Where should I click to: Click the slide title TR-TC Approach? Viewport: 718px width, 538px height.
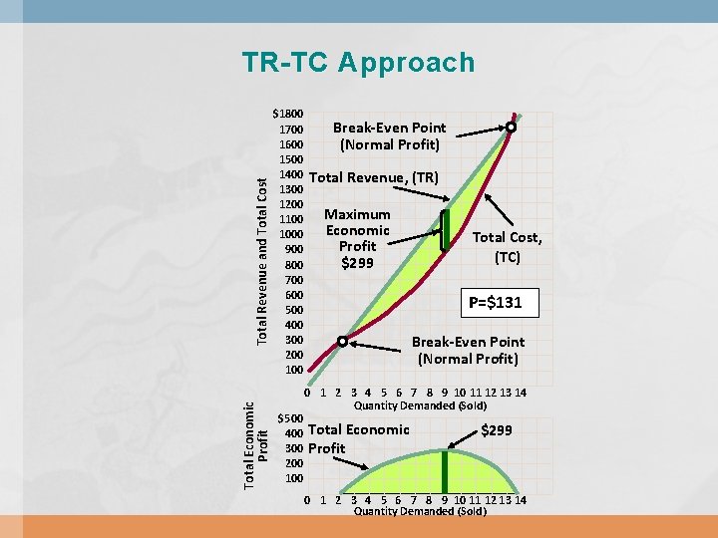click(x=358, y=63)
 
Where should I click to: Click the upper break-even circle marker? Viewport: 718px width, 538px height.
click(x=511, y=128)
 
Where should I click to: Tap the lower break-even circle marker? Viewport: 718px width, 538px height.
click(x=341, y=342)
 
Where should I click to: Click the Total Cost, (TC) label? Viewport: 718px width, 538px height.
click(x=507, y=246)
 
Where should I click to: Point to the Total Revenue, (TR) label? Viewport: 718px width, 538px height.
click(x=374, y=177)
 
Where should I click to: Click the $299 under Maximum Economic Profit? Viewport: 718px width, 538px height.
click(x=357, y=263)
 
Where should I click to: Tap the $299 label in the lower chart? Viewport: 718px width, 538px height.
click(x=497, y=430)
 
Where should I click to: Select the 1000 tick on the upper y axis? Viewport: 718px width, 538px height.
click(x=291, y=234)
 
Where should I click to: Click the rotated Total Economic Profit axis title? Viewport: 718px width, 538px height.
click(x=256, y=444)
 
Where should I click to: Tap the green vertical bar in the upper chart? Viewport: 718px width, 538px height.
click(x=446, y=230)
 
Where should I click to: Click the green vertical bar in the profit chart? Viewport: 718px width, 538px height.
click(x=445, y=471)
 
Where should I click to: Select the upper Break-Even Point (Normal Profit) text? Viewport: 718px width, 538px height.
click(x=389, y=136)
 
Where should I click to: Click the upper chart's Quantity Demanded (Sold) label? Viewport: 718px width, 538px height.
click(x=420, y=405)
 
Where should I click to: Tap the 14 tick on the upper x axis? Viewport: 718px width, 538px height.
click(x=520, y=393)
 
